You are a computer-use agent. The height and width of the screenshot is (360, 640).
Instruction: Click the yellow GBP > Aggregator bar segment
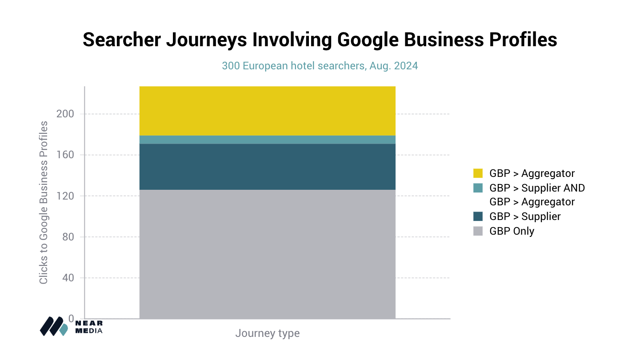point(267,111)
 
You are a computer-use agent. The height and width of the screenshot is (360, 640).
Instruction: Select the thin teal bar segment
point(267,140)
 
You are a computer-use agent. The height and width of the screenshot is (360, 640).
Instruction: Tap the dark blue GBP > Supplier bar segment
point(267,167)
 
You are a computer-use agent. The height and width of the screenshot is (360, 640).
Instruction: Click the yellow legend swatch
point(478,173)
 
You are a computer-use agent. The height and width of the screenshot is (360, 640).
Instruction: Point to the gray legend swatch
point(478,231)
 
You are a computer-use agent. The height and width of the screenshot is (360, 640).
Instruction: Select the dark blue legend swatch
point(478,216)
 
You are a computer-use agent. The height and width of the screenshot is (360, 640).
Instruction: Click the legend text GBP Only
point(512,231)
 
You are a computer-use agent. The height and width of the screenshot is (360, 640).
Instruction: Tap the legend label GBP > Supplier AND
point(537,188)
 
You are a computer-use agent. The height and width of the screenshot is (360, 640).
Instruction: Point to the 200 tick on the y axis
point(65,114)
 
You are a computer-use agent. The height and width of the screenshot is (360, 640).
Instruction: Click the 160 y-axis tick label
point(65,155)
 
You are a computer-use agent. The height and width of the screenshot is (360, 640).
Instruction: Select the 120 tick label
point(65,196)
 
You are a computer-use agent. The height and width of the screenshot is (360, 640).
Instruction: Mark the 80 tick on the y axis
point(68,237)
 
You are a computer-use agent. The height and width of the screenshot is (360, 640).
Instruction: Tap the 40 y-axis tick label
point(68,278)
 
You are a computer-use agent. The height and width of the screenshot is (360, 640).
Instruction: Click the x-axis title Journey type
point(267,333)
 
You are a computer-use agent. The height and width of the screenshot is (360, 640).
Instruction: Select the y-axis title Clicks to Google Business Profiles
point(43,202)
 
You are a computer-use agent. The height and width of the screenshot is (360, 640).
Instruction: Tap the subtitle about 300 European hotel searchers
point(320,66)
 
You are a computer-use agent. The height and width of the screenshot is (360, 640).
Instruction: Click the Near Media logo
point(71,326)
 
